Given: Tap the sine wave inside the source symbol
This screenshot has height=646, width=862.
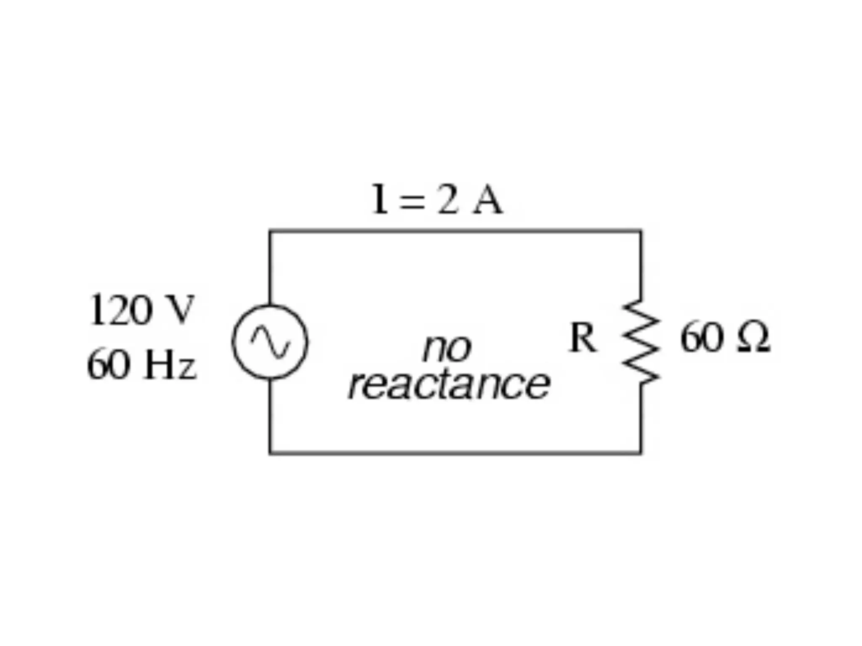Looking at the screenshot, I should pos(270,342).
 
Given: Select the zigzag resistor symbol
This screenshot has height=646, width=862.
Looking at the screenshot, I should pos(641,342).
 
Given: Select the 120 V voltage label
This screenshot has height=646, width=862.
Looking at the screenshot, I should pos(141,310).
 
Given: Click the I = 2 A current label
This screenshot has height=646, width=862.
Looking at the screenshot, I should pos(436,200).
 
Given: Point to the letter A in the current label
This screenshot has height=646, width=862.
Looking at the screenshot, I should pos(487,200).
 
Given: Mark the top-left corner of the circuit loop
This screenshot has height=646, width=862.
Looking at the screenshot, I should pos(270,231).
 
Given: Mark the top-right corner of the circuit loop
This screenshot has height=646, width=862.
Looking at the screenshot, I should pos(641,231).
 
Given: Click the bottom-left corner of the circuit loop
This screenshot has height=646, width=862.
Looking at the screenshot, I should pos(270,453).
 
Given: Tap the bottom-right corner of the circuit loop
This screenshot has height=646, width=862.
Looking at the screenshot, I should pos(641,453).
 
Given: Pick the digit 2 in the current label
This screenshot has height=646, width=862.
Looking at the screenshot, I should pos(447,200).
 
